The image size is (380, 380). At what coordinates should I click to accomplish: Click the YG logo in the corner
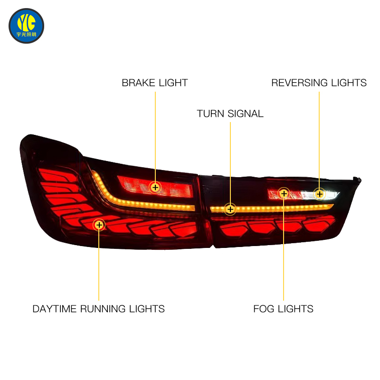pyautogui.click(x=26, y=26)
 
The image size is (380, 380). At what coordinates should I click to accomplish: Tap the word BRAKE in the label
pyautogui.click(x=139, y=83)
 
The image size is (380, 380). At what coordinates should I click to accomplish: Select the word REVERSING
pyautogui.click(x=300, y=83)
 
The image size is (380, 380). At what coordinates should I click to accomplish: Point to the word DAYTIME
pyautogui.click(x=55, y=309)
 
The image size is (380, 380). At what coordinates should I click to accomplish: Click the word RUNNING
pyautogui.click(x=103, y=309)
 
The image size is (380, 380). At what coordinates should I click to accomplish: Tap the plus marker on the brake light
pyautogui.click(x=155, y=187)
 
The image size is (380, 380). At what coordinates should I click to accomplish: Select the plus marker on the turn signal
pyautogui.click(x=230, y=209)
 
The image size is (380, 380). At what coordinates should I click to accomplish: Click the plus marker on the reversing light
pyautogui.click(x=319, y=194)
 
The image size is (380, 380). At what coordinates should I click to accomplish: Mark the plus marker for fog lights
pyautogui.click(x=284, y=194)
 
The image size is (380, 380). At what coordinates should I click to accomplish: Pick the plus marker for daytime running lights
pyautogui.click(x=99, y=225)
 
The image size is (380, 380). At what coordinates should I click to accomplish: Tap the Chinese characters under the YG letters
pyautogui.click(x=26, y=34)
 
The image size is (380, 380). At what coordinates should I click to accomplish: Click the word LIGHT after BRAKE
pyautogui.click(x=173, y=83)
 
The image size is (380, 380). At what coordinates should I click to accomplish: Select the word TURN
pyautogui.click(x=210, y=114)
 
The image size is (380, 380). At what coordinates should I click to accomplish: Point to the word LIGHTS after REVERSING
pyautogui.click(x=349, y=83)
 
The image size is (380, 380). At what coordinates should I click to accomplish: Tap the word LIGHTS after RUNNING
pyautogui.click(x=147, y=309)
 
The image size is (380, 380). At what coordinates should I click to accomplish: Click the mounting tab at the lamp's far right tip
pyautogui.click(x=357, y=180)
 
